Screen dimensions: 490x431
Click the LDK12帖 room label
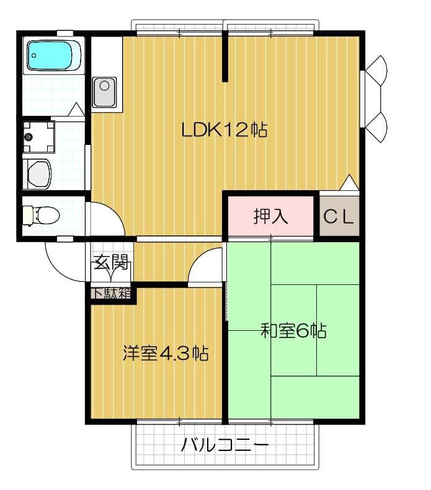point(224,130)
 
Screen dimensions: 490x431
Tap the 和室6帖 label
point(293,331)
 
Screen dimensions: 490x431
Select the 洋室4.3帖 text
point(164,354)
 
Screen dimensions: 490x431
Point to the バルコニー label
point(224,445)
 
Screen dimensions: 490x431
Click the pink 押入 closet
point(271,216)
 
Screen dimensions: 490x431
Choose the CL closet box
point(339,216)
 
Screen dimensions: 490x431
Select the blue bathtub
point(54,55)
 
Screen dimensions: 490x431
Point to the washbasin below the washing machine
point(38,174)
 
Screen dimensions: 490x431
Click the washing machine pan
point(38,137)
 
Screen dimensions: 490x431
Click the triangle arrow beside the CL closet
point(349,183)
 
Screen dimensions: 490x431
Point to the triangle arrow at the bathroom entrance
point(76,110)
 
